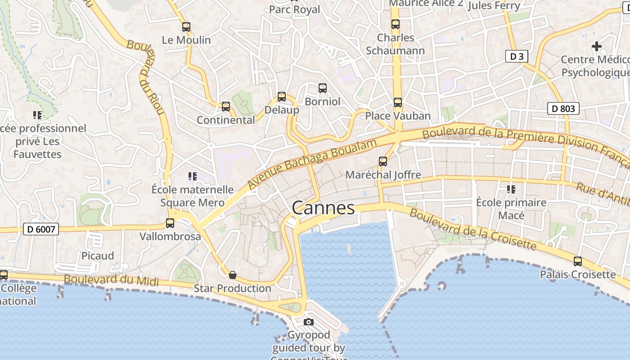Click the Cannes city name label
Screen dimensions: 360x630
click(x=323, y=208)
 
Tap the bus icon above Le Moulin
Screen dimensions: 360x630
click(x=186, y=27)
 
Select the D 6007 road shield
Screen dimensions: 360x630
click(x=41, y=229)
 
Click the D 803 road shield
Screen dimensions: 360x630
click(x=563, y=108)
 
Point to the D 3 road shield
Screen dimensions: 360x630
click(x=517, y=56)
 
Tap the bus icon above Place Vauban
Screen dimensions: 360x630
click(x=398, y=103)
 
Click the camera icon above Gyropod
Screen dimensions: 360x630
click(x=309, y=322)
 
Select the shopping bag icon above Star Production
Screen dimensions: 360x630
click(x=233, y=275)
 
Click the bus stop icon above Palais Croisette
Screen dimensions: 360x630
click(x=578, y=261)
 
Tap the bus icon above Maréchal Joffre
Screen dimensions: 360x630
click(x=383, y=162)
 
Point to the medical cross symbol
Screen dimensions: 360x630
click(x=597, y=46)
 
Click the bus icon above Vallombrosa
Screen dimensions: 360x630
click(x=170, y=223)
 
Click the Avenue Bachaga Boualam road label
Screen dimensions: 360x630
click(x=312, y=164)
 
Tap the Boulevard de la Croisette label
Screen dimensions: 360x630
click(x=472, y=229)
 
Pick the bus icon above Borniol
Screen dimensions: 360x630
click(x=323, y=88)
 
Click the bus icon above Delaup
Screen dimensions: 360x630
click(x=282, y=97)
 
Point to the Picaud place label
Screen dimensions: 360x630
click(x=98, y=256)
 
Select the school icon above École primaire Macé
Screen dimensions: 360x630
click(x=511, y=189)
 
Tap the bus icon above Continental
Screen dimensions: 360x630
click(x=226, y=107)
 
